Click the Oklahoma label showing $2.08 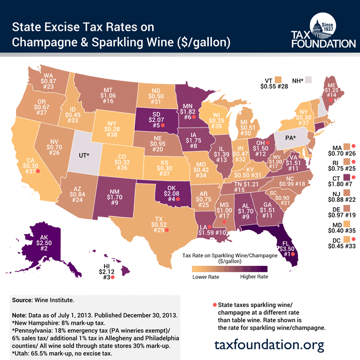click(x=170, y=191)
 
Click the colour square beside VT click(x=279, y=80)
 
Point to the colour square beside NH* click(x=309, y=80)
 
